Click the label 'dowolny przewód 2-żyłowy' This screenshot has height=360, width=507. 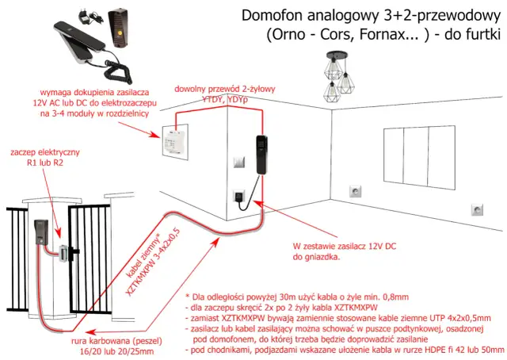(222, 90)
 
